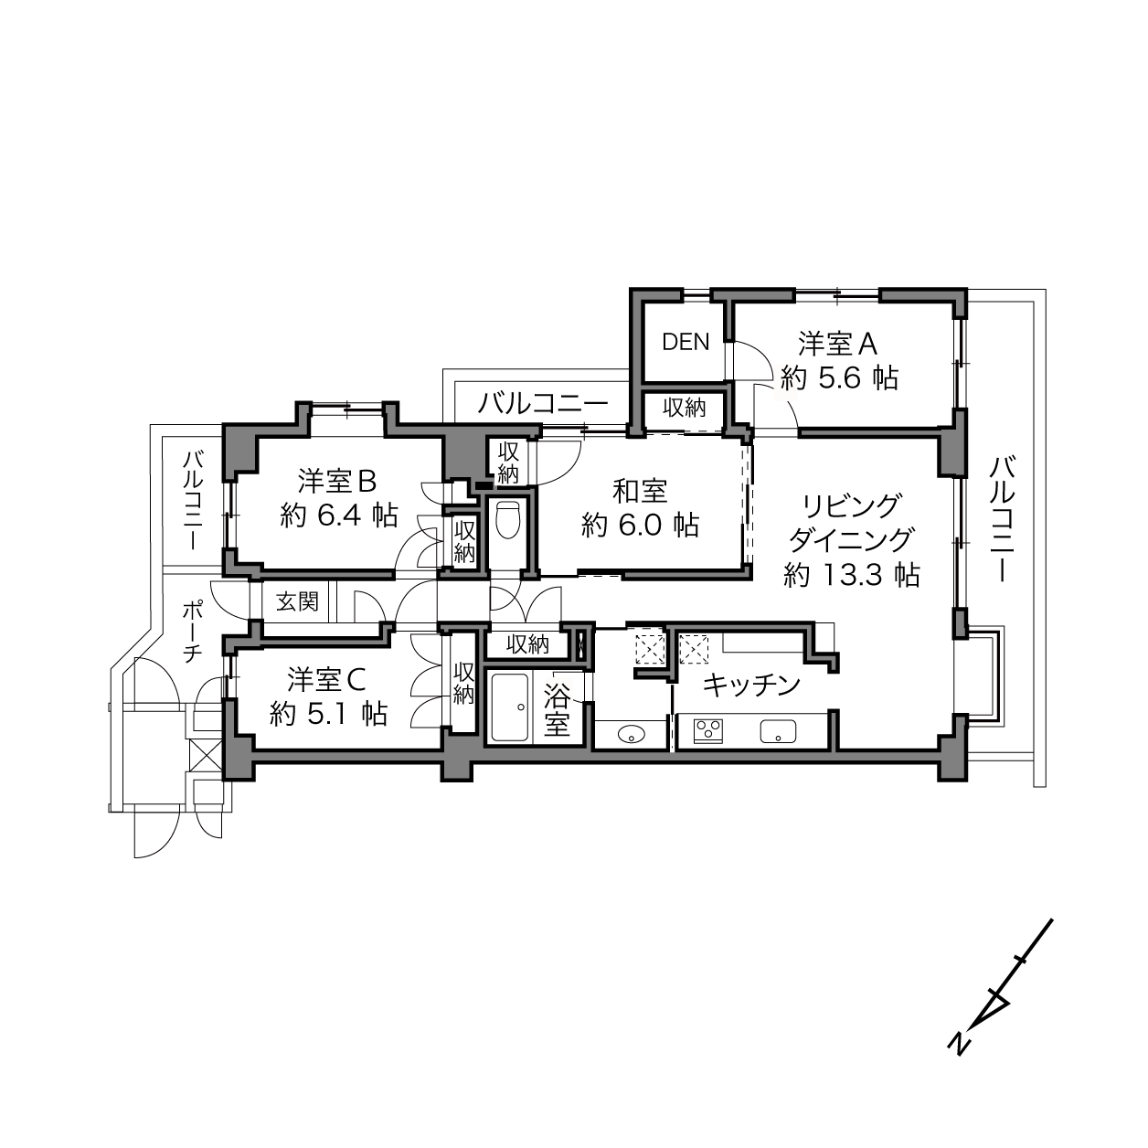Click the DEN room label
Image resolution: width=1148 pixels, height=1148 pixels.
686,342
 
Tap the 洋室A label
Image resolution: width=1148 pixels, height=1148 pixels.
837,345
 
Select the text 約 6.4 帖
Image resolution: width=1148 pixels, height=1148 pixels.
339,515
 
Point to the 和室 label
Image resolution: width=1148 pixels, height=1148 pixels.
640,492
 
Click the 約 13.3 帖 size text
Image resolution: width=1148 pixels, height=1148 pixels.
852,575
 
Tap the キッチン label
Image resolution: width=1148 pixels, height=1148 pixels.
751,686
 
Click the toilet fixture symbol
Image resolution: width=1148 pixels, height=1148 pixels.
508,519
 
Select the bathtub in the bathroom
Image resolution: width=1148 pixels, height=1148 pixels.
510,707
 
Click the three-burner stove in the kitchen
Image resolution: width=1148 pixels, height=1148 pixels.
708,731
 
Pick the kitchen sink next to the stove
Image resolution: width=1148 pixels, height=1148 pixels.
778,731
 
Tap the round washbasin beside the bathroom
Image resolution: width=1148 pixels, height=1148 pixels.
631,735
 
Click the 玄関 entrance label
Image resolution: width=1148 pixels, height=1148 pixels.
297,601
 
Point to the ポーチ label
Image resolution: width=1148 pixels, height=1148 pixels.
191,632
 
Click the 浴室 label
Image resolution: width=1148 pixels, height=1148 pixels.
557,708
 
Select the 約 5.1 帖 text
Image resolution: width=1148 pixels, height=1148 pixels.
328,713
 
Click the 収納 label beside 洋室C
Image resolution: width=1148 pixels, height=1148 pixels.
462,684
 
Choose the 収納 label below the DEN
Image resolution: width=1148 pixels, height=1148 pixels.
684,408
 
